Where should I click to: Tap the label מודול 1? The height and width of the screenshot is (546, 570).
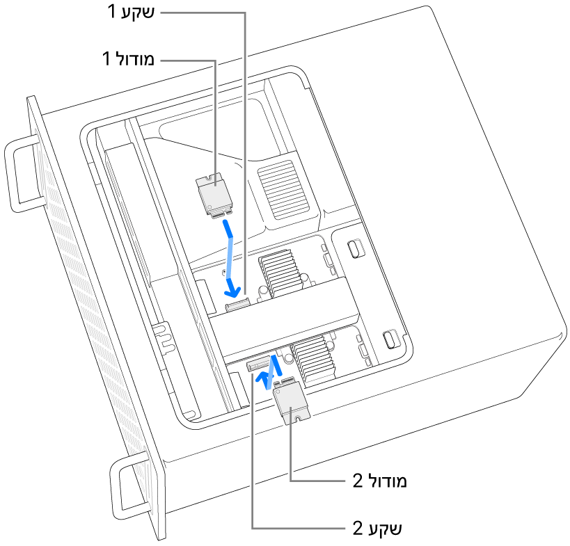coord(131,60)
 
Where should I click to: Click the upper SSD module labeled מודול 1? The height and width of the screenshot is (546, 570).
coord(214,195)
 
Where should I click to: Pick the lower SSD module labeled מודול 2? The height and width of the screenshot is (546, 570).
coord(291,402)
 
